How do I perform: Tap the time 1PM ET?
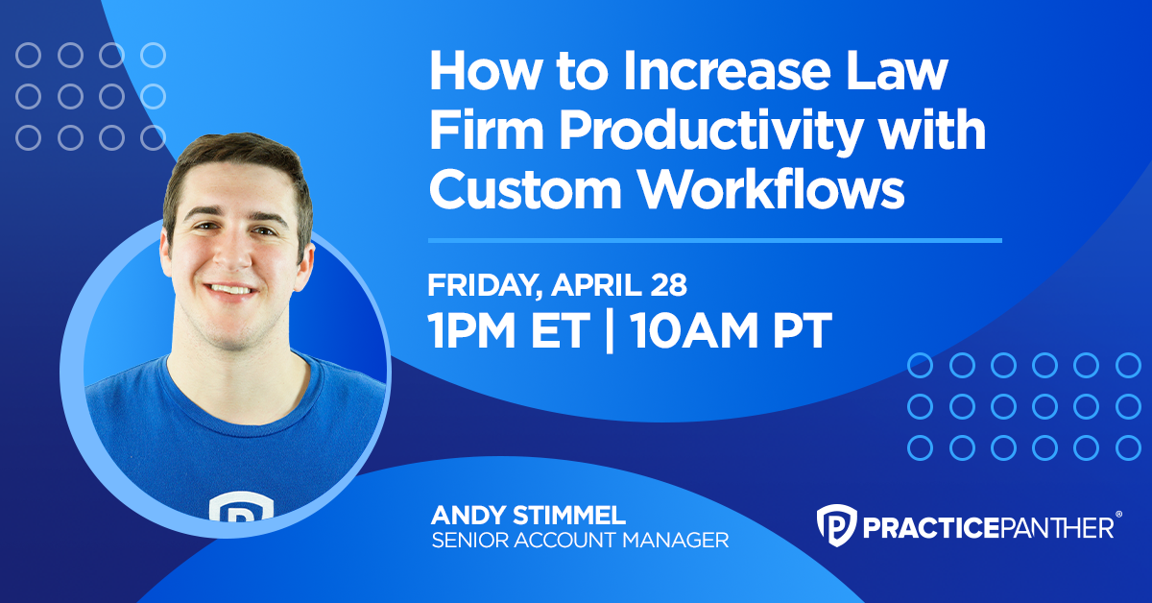(x=508, y=330)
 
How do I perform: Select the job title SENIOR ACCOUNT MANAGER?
(x=580, y=541)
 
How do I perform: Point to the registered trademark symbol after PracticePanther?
(x=1119, y=518)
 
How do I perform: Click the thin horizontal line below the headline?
(x=714, y=240)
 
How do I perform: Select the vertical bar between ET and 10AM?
(x=609, y=330)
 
